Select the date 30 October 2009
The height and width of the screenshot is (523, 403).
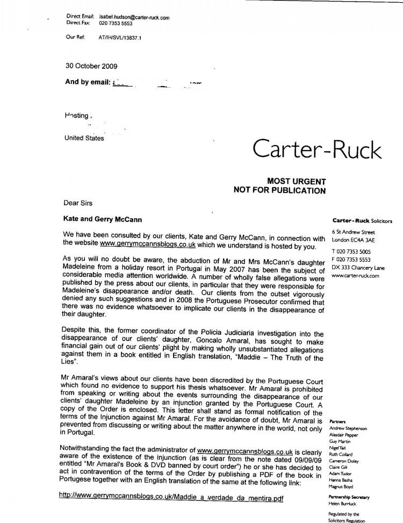click(91, 66)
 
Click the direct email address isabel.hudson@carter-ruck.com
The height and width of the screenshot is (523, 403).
click(134, 17)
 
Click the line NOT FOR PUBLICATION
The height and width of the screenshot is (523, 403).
click(279, 190)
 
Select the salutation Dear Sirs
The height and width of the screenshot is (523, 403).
click(78, 203)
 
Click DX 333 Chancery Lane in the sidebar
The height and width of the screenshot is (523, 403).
click(357, 267)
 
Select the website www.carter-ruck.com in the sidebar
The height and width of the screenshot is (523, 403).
click(356, 276)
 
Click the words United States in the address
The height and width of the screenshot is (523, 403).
click(84, 138)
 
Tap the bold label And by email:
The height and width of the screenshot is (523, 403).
click(88, 82)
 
